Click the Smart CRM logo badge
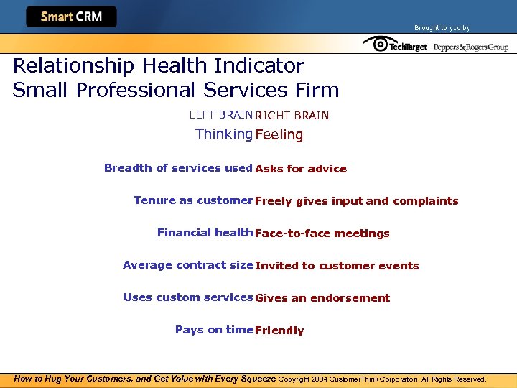(x=71, y=17)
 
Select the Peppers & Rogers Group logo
(x=470, y=47)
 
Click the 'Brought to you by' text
(x=442, y=28)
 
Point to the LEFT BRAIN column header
(x=220, y=114)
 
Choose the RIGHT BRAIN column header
(x=292, y=115)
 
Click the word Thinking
(x=223, y=134)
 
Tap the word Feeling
(x=279, y=135)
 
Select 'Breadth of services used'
(x=178, y=168)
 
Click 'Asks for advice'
(x=301, y=169)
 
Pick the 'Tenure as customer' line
(x=193, y=200)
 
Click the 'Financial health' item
(x=205, y=233)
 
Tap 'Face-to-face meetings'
(x=322, y=234)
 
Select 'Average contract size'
(x=187, y=265)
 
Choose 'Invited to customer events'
(x=337, y=266)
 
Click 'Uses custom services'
(x=188, y=297)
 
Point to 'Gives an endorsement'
(x=322, y=298)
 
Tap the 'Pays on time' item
(x=214, y=330)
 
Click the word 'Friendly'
(x=279, y=331)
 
